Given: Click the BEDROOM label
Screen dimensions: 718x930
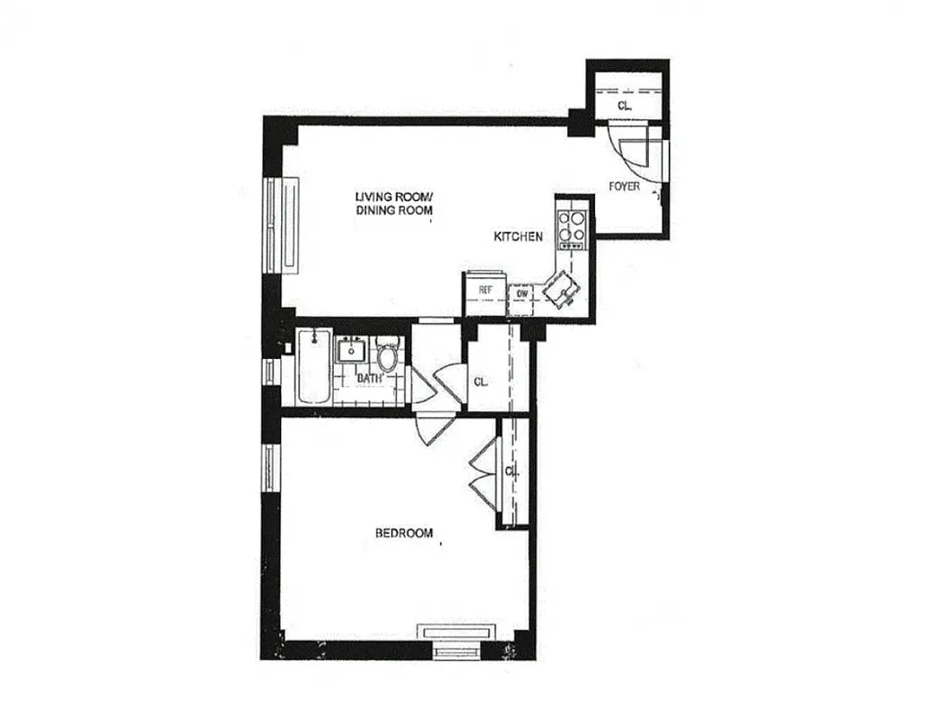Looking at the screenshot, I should pyautogui.click(x=403, y=533).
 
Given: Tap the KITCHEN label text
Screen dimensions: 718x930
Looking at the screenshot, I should pyautogui.click(x=518, y=237).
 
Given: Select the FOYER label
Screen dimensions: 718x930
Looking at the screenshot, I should pyautogui.click(x=624, y=187).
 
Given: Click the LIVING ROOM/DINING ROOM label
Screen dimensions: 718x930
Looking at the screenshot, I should pyautogui.click(x=394, y=204).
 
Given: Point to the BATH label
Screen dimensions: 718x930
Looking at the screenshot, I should pyautogui.click(x=369, y=378).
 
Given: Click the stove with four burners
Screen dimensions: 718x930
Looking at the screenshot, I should pyautogui.click(x=572, y=229).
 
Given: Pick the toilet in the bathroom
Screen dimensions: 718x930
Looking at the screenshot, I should pyautogui.click(x=389, y=357).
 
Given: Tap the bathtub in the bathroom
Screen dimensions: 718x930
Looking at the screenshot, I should pyautogui.click(x=314, y=366).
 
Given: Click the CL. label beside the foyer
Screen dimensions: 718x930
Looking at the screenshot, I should pyautogui.click(x=625, y=106).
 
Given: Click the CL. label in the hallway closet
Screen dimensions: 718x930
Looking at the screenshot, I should pyautogui.click(x=481, y=381).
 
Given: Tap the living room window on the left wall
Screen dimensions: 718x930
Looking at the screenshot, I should pyautogui.click(x=286, y=223).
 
